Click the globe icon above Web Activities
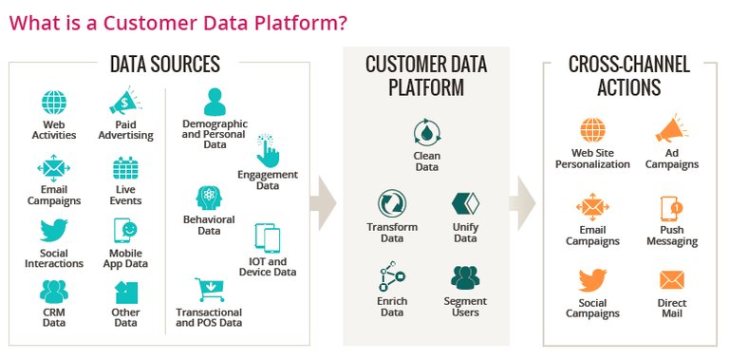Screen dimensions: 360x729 pos(53,103)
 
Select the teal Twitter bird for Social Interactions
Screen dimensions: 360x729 pos(53,230)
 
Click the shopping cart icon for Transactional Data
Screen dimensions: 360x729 pos(208,289)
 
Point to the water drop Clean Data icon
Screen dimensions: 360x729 pos(426,133)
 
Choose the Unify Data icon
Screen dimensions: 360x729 pos(465,204)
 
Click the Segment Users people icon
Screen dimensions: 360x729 pos(465,277)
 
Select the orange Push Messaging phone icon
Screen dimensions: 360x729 pos(672,208)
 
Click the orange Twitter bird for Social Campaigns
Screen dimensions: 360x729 pos(592,280)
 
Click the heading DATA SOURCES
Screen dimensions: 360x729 pos(165,65)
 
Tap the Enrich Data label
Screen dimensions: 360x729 pos(392,306)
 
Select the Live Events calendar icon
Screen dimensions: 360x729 pos(125,168)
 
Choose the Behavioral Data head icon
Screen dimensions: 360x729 pos(208,198)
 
